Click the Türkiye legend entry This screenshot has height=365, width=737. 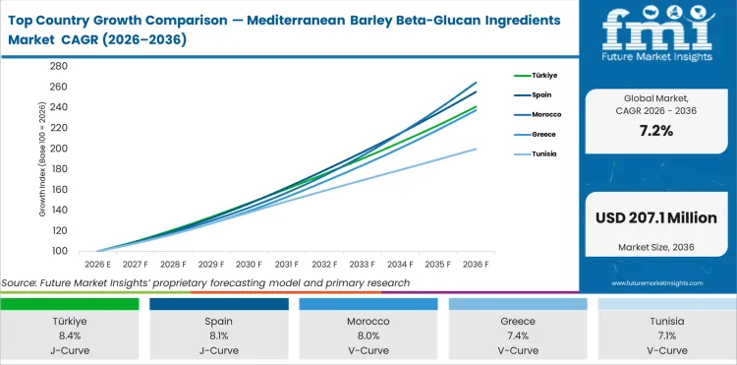544,75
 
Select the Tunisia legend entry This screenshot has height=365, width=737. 543,155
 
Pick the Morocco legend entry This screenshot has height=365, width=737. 545,115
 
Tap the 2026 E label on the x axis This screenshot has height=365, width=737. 97,265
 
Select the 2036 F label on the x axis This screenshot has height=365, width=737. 476,265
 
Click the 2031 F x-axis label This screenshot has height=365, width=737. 287,265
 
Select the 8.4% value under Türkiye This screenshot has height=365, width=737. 70,335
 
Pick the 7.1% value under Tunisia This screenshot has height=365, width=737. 666,335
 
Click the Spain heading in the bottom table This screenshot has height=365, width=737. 218,321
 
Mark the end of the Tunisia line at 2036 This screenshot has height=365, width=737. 477,149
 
